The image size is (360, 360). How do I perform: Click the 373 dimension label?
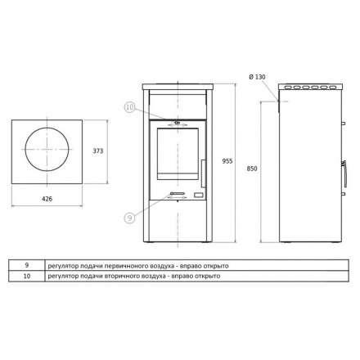click(98, 151)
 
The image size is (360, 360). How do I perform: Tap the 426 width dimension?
click(47, 199)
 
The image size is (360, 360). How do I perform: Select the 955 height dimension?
click(227, 161)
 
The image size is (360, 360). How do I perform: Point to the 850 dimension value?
click(252, 169)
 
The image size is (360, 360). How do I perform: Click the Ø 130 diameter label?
click(257, 77)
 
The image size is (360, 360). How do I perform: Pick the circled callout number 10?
click(130, 107)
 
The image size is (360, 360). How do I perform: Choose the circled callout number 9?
click(129, 218)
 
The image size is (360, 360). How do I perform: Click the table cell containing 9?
click(27, 265)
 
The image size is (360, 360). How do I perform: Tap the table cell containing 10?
click(27, 276)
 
